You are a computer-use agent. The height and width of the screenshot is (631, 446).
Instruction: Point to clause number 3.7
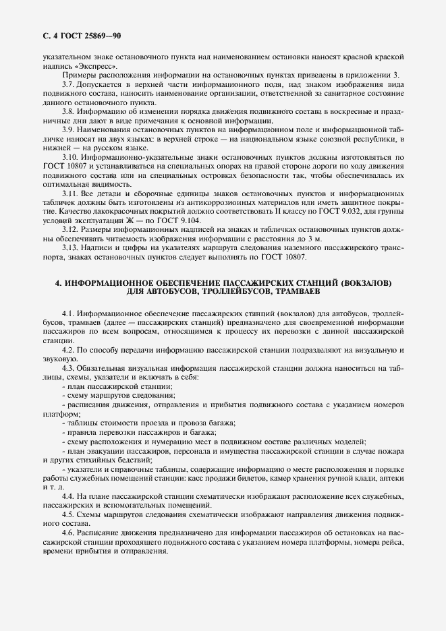(68, 84)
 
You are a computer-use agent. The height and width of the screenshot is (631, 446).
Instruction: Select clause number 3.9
(68, 128)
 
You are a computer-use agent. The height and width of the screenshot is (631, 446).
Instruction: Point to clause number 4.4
(68, 496)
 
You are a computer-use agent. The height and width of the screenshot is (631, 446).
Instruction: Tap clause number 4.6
(68, 532)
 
